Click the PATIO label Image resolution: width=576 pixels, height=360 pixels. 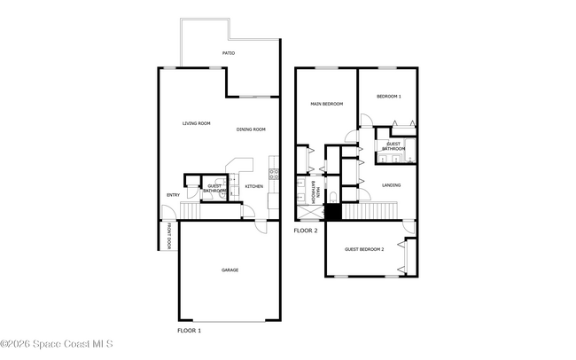click(229, 53)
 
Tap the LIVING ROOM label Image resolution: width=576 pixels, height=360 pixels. click(197, 123)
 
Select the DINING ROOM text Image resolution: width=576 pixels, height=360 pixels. click(251, 129)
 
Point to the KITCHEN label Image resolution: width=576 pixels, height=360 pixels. click(254, 186)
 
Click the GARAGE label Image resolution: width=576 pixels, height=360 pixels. click(230, 270)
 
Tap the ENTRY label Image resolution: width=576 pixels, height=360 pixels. click(174, 195)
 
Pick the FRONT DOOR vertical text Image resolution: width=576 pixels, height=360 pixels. click(169, 236)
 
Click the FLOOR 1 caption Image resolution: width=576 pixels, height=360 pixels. click(189, 331)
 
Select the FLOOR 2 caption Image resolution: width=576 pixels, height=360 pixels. click(306, 231)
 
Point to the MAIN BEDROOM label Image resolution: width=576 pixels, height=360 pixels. click(327, 104)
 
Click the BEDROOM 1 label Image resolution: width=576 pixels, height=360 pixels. click(389, 97)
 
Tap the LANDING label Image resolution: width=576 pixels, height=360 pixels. click(391, 185)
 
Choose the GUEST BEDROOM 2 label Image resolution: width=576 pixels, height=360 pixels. click(364, 249)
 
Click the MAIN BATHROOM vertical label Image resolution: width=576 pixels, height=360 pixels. click(315, 192)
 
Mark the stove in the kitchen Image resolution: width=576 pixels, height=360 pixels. click(274, 174)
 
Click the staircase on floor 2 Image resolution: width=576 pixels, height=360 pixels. click(370, 211)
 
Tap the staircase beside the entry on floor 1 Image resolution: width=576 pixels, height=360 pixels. click(191, 211)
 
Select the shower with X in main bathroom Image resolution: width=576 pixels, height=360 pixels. click(310, 213)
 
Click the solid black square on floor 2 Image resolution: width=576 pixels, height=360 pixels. click(333, 212)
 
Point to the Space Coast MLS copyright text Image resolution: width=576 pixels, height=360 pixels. click(57, 344)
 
